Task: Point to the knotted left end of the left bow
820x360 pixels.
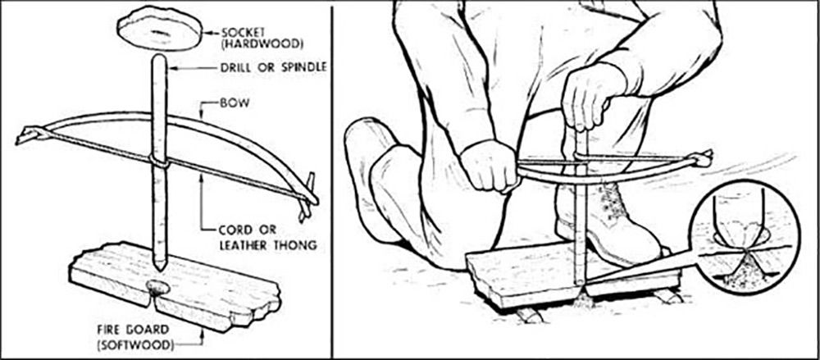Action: tap(28, 135)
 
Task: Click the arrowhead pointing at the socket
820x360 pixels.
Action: tap(207, 33)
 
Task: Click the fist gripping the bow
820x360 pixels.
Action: tap(489, 166)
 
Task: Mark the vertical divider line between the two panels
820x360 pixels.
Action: tap(331, 180)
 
